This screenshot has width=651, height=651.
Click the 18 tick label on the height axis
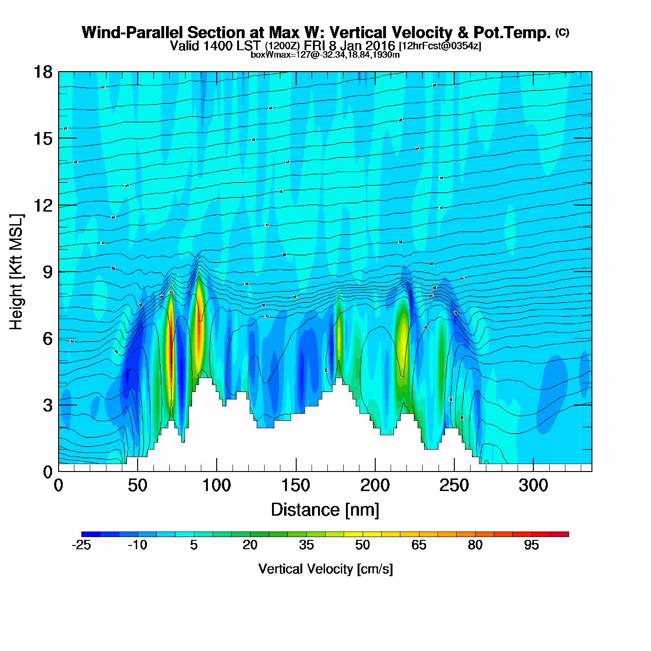pyautogui.click(x=42, y=72)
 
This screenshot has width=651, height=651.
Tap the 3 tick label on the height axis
pyautogui.click(x=47, y=405)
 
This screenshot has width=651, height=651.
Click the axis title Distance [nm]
pyautogui.click(x=325, y=510)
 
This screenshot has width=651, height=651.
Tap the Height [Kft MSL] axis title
pyautogui.click(x=16, y=272)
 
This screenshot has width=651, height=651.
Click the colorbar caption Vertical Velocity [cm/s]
pyautogui.click(x=325, y=569)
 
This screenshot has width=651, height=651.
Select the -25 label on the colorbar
pyautogui.click(x=81, y=545)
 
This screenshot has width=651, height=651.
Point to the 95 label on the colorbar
pyautogui.click(x=531, y=545)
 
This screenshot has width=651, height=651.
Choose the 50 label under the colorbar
pyautogui.click(x=363, y=545)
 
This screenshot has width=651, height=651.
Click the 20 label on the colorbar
pyautogui.click(x=250, y=545)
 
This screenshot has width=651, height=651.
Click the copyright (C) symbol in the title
pyautogui.click(x=562, y=32)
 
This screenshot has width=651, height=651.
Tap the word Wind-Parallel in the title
pyautogui.click(x=133, y=33)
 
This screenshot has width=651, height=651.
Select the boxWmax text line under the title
pyautogui.click(x=325, y=54)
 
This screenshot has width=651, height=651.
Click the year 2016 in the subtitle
pyautogui.click(x=380, y=46)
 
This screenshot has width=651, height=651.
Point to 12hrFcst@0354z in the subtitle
pyautogui.click(x=440, y=46)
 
